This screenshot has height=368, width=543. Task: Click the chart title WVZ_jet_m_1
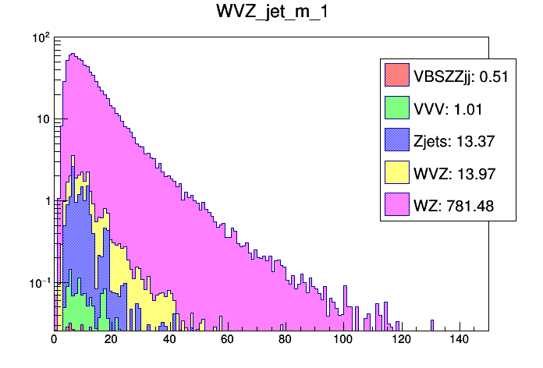tap(271, 13)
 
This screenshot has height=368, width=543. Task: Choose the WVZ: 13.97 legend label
tap(451, 173)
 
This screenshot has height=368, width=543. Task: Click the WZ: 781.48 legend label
tap(454, 206)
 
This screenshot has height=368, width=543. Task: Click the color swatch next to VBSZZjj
tap(397, 76)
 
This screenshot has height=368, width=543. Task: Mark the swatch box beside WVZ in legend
tap(397, 173)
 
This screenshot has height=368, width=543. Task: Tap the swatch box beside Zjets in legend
tap(397, 141)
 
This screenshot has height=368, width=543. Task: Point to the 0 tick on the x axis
tap(54, 340)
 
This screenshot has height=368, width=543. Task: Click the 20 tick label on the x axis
tap(112, 340)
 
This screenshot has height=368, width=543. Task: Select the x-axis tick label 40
tap(169, 340)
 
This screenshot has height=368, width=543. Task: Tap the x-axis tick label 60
tap(228, 340)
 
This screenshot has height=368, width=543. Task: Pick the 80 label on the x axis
tap(286, 340)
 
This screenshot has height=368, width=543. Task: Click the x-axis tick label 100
tap(343, 340)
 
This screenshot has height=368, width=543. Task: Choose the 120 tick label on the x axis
tap(402, 340)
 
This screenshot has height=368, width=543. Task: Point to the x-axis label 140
tap(460, 340)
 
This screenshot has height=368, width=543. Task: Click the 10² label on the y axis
tap(40, 37)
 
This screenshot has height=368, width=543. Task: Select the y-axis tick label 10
tap(42, 119)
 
